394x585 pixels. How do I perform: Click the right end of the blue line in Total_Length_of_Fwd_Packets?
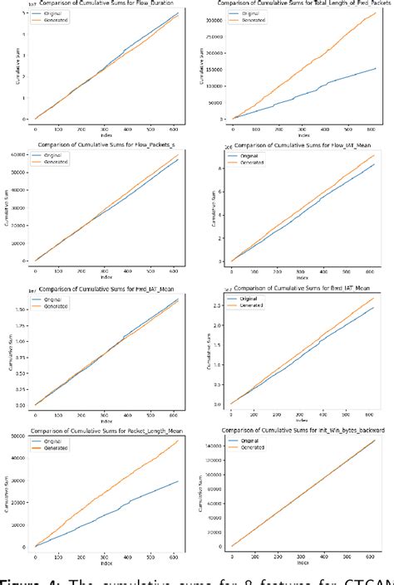(x=377, y=69)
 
